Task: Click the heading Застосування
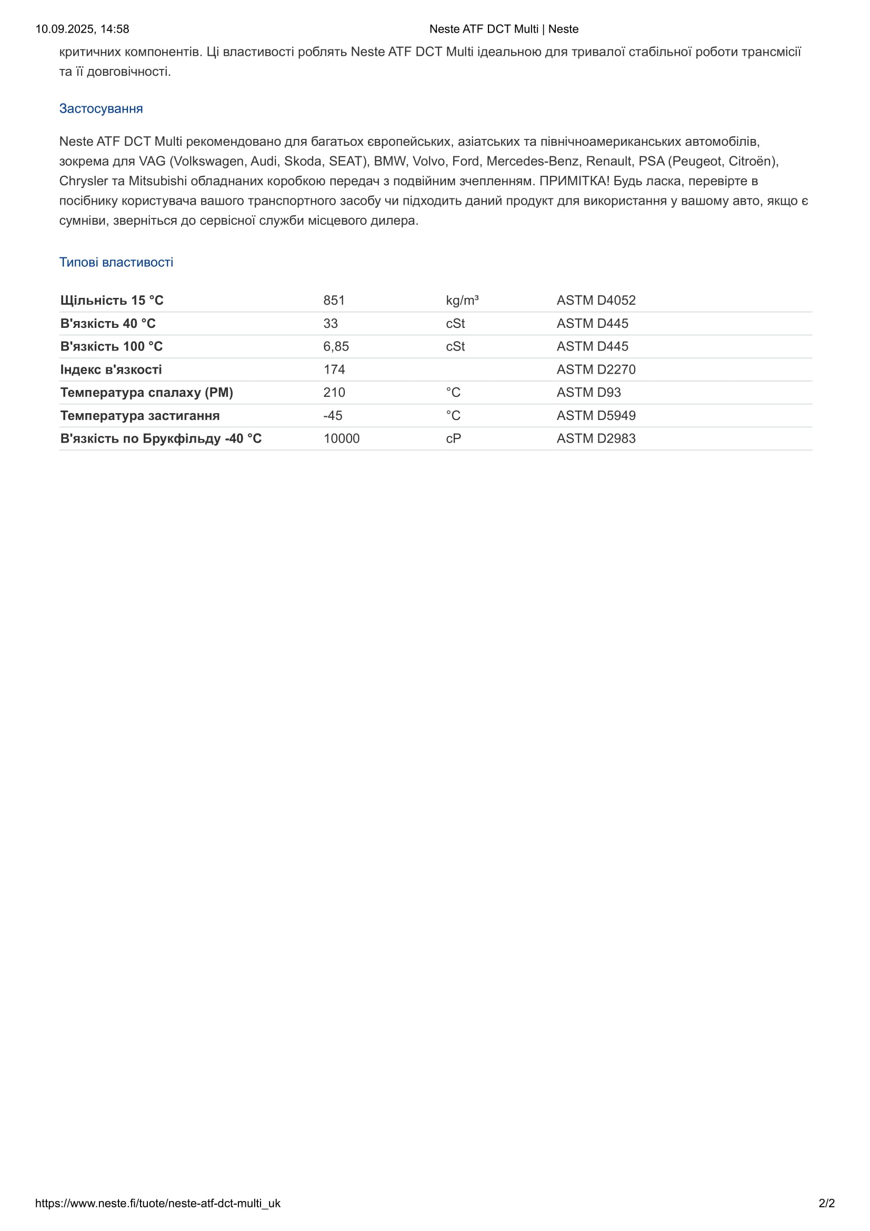pos(101,109)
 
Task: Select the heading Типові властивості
pos(116,262)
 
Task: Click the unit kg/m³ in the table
pos(462,300)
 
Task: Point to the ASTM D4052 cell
pos(596,300)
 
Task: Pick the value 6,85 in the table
pos(336,346)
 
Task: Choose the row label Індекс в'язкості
pos(111,369)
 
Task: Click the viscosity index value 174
pos(334,369)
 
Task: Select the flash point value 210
pos(334,393)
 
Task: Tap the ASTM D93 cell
pos(588,393)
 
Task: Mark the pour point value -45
pos(332,416)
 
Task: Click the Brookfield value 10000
pos(342,438)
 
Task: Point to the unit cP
pos(453,438)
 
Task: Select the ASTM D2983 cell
pos(596,438)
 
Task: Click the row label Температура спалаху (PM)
pos(146,393)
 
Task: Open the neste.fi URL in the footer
pos(157,1203)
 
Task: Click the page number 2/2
pos(826,1203)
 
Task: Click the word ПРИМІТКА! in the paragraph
pos(574,181)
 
